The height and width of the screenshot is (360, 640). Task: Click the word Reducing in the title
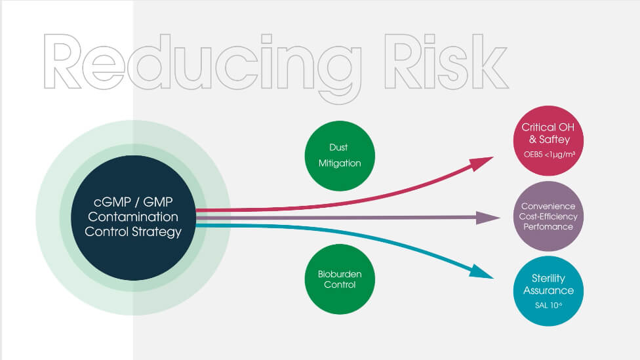coord(203,68)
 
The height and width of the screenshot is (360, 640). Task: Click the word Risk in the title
coord(447,61)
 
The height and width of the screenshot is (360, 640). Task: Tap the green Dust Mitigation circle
coord(340,155)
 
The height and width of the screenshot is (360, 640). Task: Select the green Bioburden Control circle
coord(340,279)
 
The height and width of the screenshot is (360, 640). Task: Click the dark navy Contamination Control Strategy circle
coord(134,218)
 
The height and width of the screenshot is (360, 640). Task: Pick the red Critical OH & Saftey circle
coord(548,141)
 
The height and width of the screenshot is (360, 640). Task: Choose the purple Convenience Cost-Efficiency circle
coord(548,216)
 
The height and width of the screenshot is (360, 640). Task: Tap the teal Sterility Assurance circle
coord(548,291)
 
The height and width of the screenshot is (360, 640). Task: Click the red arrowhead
coord(481,163)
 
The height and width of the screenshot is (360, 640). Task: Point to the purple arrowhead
coord(488,218)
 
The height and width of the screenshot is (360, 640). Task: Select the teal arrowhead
coord(481,272)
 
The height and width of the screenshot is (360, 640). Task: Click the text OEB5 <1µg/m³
coord(550,155)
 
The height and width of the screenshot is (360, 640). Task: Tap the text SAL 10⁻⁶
coord(548,306)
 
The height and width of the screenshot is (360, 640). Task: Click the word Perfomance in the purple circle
coord(548,226)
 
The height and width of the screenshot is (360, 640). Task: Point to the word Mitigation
coord(340,163)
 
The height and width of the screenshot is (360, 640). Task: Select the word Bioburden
coord(340,274)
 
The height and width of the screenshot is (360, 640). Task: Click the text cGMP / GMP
coord(133,202)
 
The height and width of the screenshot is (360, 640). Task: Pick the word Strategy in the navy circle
coord(156,232)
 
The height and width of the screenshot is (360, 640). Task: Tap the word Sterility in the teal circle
coord(548,279)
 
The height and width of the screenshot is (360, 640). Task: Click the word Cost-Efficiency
coord(548,216)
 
